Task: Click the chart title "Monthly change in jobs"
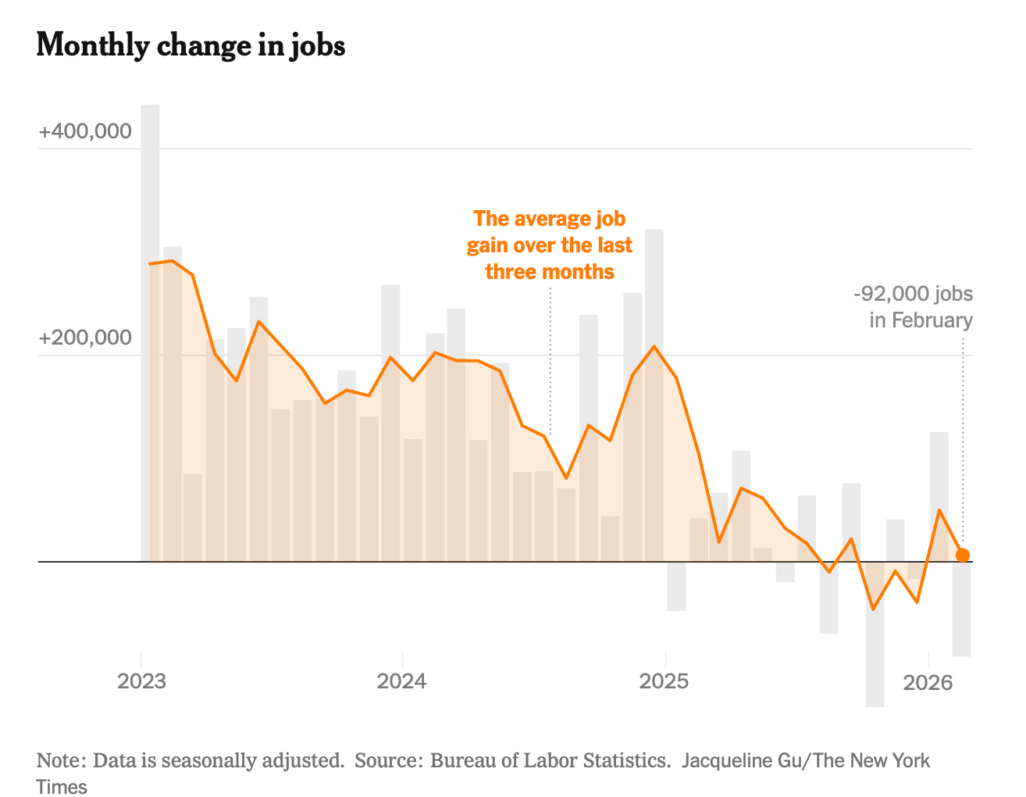coord(191,45)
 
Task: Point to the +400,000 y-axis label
coord(85,131)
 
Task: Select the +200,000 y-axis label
coord(85,338)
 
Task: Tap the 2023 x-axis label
coord(141,681)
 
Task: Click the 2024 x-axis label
coord(401,681)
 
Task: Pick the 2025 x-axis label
coord(664,681)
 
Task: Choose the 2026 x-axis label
coord(928,683)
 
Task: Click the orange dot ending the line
coord(963,555)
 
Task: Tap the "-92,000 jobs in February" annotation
coord(914,307)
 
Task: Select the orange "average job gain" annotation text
coord(550,245)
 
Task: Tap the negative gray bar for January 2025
coord(676,586)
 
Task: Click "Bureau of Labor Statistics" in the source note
coord(550,760)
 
